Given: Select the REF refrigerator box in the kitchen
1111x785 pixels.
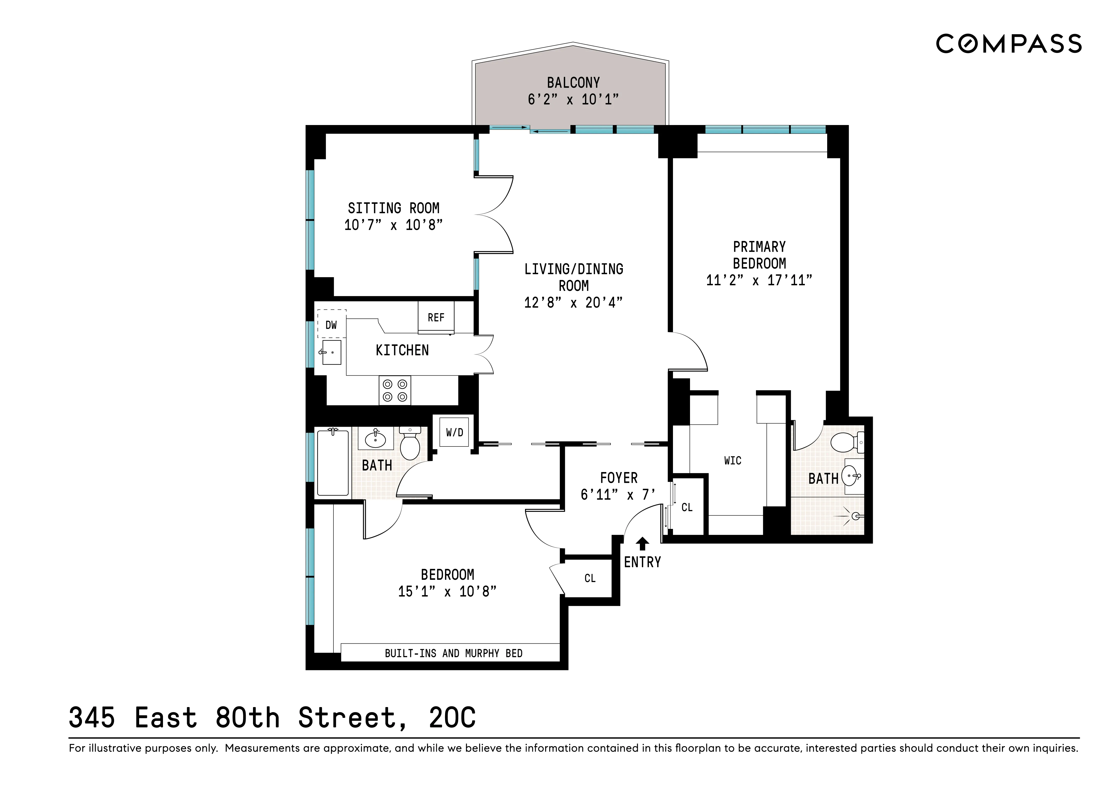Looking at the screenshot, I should [x=436, y=317].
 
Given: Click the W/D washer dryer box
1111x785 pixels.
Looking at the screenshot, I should [x=454, y=432].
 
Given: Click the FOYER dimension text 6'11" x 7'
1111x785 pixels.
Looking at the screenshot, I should [x=618, y=494].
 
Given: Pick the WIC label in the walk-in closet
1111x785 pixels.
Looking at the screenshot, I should [x=733, y=461].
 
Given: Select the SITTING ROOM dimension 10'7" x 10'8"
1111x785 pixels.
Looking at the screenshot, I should [x=393, y=225].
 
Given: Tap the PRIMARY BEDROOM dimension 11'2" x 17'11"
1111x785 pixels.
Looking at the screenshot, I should [x=759, y=280].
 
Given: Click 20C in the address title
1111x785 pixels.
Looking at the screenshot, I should [x=452, y=718].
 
